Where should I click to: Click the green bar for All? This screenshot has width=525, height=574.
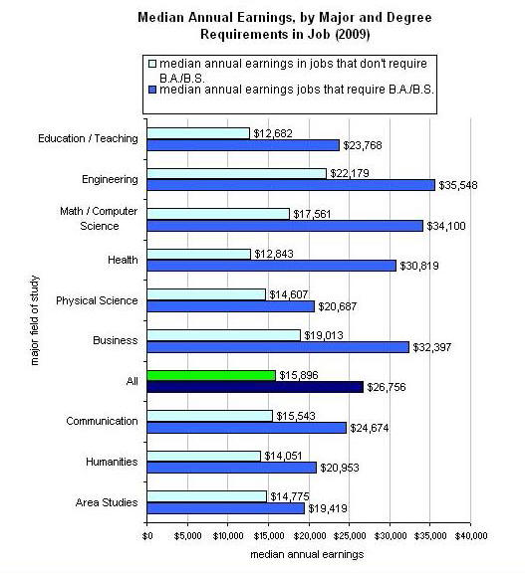(211, 375)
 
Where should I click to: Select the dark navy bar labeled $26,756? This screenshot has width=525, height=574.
(255, 387)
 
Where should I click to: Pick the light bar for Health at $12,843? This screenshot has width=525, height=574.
(198, 254)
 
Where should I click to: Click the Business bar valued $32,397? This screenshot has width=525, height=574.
(278, 346)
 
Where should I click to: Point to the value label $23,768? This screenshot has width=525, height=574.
(363, 144)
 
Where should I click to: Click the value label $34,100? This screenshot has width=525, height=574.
(447, 225)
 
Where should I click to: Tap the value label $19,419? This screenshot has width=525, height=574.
(328, 507)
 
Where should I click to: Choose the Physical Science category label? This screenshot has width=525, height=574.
(97, 300)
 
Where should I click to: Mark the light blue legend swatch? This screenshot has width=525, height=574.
(151, 63)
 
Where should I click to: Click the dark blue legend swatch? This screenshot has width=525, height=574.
(151, 88)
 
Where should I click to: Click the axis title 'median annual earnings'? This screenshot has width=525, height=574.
(307, 554)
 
